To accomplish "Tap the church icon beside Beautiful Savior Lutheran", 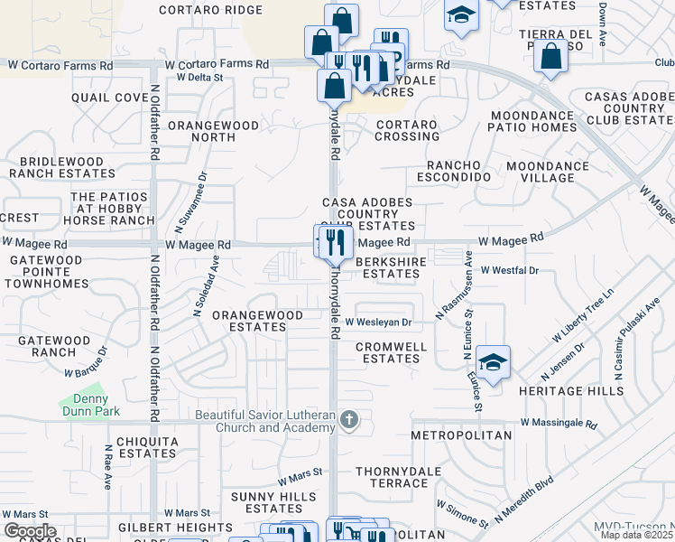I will pos(351,421).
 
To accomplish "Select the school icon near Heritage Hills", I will pos(494,362).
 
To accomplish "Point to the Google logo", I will pos(30,530).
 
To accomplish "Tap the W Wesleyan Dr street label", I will pos(378,322).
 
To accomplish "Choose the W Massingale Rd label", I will pos(559,423).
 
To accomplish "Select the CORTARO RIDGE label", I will pos(210,10).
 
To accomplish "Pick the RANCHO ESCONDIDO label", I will pos(458,171).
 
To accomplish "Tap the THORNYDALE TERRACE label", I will pos(398,478).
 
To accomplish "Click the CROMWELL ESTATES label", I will pos(388,352).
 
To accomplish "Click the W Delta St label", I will pos(199,78).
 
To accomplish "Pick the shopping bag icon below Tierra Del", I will pos(550,57).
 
